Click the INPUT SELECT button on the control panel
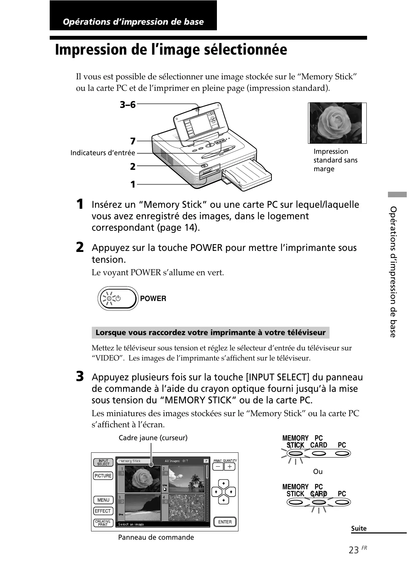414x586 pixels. click(103, 462)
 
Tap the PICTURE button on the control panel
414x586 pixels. click(103, 476)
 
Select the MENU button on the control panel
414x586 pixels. click(103, 500)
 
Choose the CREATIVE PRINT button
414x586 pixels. click(103, 523)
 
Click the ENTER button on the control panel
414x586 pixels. click(225, 522)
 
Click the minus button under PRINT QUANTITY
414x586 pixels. click(218, 467)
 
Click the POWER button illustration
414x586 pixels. click(117, 299)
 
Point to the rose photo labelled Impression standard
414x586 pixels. click(335, 123)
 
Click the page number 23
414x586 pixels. click(354, 550)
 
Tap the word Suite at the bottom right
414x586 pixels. click(359, 528)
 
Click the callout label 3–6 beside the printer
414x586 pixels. click(128, 104)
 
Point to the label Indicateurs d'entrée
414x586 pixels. click(103, 153)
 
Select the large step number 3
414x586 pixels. click(80, 377)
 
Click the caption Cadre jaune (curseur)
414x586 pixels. click(153, 438)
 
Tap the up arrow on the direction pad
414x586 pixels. click(224, 484)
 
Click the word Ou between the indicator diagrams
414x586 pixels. click(318, 472)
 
